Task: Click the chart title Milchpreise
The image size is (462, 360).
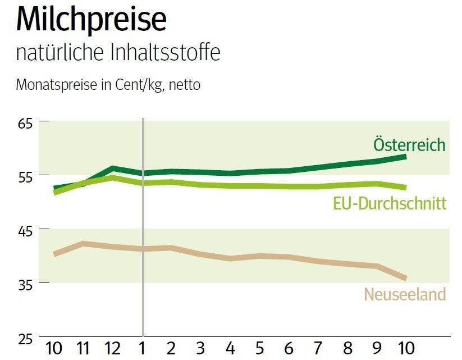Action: [92, 20]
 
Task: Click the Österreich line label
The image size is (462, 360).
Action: [409, 144]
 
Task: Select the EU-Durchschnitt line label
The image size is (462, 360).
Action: [390, 203]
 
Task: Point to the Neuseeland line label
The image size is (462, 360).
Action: [405, 294]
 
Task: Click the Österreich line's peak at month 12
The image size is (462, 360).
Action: [113, 168]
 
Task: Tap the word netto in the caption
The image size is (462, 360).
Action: [185, 85]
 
